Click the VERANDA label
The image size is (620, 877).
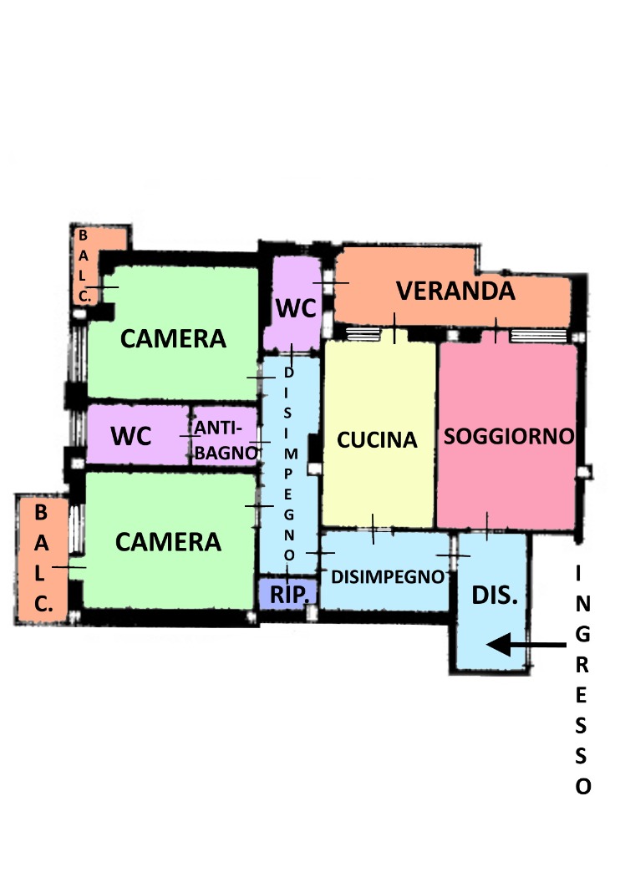tap(455, 291)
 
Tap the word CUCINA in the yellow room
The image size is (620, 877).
tap(377, 439)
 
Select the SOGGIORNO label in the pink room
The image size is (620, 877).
tap(509, 436)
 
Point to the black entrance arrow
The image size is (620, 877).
tap(526, 644)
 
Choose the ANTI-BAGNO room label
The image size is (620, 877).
tap(225, 440)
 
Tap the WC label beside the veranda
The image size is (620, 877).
tap(296, 307)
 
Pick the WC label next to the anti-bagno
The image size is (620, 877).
tap(131, 436)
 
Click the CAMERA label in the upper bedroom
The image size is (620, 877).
tap(174, 338)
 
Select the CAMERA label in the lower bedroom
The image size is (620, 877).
tap(169, 542)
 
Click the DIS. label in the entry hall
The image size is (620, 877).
tap(495, 595)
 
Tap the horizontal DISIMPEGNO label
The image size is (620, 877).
tap(388, 576)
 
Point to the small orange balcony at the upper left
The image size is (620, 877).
tap(89, 263)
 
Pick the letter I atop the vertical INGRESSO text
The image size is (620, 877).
tap(579, 573)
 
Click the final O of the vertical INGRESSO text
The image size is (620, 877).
tap(583, 787)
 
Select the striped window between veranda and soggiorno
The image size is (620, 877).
tap(538, 336)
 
